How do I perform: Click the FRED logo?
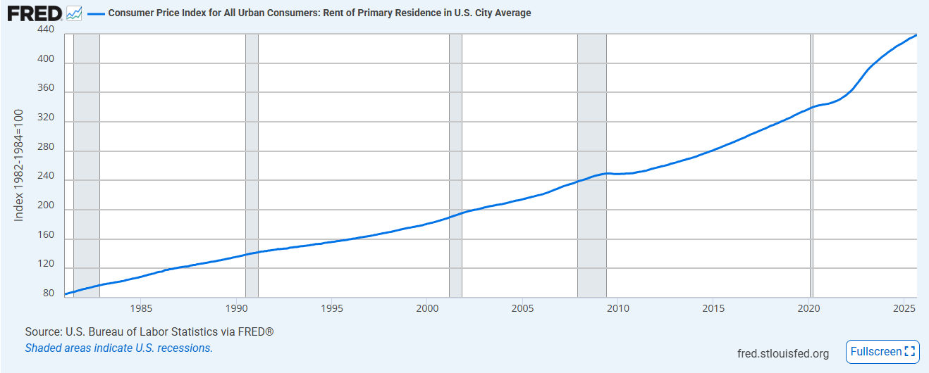pos(34,13)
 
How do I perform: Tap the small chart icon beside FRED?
pos(74,13)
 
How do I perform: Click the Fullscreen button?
pos(882,351)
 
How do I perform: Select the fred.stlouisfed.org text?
pos(782,353)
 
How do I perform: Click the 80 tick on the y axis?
pos(48,293)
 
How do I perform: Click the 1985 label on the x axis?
pos(141,308)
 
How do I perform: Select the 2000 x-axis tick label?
pos(427,308)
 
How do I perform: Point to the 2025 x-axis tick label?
pos(904,308)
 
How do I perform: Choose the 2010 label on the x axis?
pos(618,308)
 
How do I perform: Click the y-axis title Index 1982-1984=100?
pos(19,165)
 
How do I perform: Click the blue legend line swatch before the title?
pos(95,13)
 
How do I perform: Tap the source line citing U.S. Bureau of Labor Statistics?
pos(149,331)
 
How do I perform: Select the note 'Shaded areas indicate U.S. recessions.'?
pos(118,348)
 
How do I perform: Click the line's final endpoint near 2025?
pos(916,34)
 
